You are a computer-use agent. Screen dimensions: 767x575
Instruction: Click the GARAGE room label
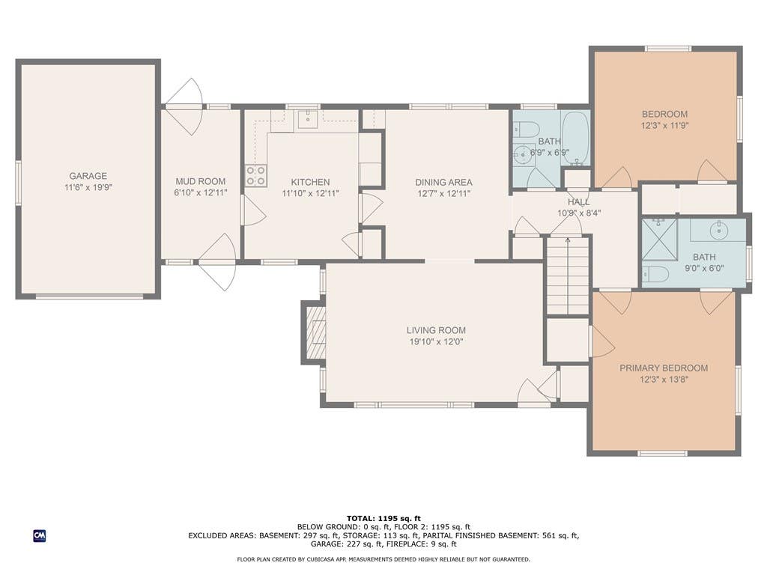88,176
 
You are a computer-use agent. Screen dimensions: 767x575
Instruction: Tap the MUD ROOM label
201,181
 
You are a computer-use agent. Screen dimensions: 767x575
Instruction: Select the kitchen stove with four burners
256,175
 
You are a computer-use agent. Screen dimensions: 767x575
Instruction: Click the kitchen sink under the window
308,119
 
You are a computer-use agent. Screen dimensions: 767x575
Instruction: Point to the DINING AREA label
443,183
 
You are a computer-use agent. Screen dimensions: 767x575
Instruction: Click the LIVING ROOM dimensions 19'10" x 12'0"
436,341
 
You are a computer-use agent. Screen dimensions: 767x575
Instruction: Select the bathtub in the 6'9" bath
576,139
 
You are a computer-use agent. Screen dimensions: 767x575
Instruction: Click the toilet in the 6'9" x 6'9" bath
526,129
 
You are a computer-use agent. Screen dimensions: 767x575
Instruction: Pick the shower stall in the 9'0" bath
659,240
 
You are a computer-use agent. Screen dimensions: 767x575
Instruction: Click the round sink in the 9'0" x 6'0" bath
719,230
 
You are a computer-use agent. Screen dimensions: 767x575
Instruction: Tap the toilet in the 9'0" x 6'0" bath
655,274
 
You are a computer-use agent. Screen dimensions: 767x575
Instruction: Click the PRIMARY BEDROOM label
664,368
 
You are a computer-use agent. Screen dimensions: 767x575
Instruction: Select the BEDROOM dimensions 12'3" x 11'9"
665,125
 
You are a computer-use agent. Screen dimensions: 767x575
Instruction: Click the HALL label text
579,202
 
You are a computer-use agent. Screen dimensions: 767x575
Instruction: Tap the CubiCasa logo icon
40,536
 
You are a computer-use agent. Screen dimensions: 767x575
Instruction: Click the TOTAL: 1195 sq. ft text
383,518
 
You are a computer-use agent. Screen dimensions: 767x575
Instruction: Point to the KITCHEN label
310,183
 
